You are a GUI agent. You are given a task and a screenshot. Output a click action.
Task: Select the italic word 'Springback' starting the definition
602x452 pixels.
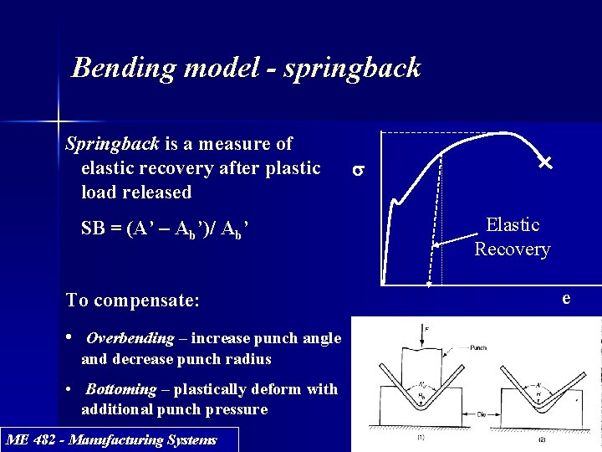[x=112, y=144]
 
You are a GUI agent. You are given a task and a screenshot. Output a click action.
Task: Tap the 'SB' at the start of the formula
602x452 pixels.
[x=95, y=229]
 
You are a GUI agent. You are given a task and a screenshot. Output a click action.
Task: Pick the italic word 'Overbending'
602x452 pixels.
[x=130, y=339]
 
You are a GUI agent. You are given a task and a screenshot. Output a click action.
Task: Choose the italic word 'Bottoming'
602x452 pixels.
[x=121, y=389]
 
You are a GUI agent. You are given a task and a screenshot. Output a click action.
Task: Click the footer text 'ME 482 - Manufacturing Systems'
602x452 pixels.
[x=110, y=439]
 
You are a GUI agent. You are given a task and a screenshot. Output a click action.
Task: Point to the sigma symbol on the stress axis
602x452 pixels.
[x=357, y=171]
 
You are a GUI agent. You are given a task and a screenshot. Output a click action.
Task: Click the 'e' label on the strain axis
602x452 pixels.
[x=566, y=298]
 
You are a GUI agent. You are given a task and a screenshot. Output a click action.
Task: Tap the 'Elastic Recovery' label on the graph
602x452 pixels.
[x=513, y=237]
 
